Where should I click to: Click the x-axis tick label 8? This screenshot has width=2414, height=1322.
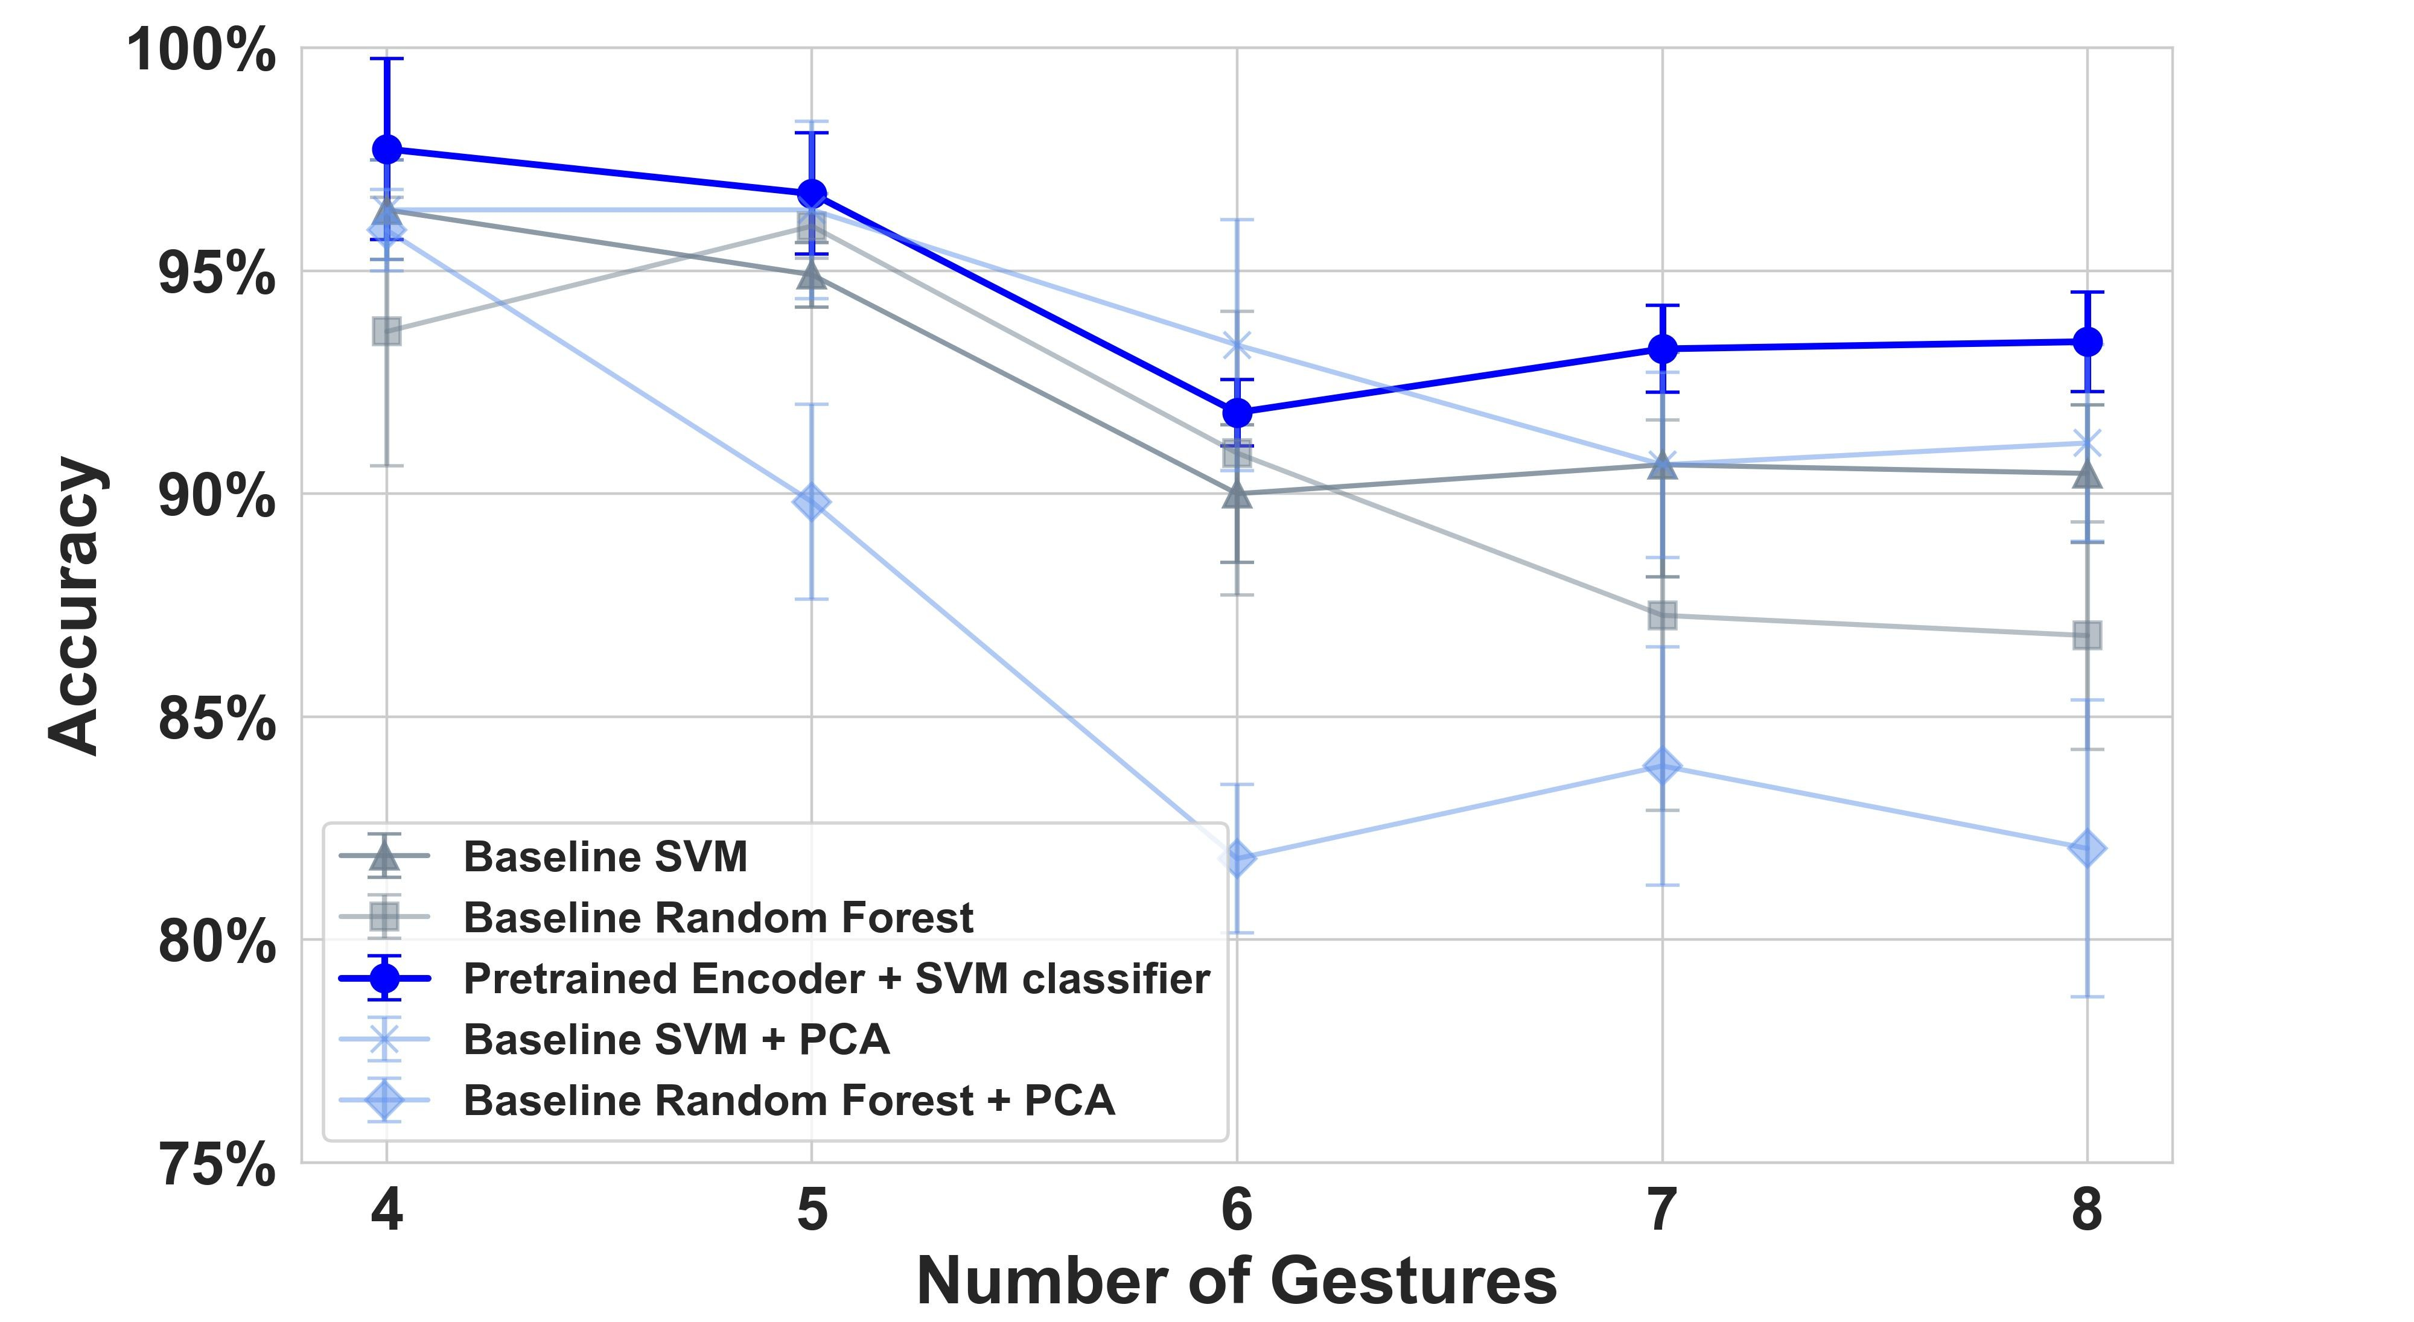[2087, 1210]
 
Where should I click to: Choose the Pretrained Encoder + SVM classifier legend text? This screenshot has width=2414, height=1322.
[836, 978]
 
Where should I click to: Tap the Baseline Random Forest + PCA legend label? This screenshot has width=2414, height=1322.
[788, 1100]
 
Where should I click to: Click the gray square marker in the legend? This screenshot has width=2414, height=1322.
[384, 917]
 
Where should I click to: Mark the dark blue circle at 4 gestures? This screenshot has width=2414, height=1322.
[387, 149]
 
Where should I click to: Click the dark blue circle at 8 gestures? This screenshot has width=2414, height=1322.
[2087, 342]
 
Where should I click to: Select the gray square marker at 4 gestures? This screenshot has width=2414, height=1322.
[387, 331]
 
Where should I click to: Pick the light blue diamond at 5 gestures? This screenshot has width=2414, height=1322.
[812, 502]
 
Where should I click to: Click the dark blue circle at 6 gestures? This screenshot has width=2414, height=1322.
[1237, 412]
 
